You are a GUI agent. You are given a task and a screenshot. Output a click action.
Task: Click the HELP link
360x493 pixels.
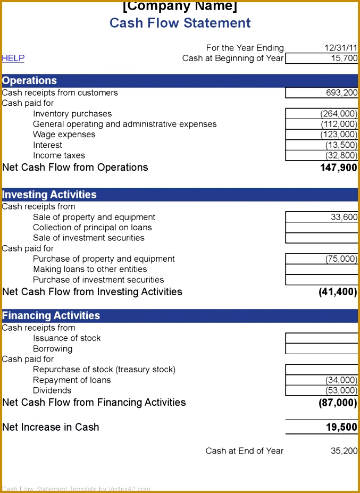[x=13, y=59]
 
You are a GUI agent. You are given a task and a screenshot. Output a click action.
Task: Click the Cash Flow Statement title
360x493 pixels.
[x=180, y=23]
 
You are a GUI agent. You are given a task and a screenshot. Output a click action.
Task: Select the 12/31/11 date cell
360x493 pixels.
[x=341, y=48]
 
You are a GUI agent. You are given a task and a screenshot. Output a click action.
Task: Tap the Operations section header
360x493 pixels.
[x=29, y=81]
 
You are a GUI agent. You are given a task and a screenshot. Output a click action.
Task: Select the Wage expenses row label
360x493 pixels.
[x=64, y=135]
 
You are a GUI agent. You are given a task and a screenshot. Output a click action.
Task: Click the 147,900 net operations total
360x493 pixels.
[x=339, y=168]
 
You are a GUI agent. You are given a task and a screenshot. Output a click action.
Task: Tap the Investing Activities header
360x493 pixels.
[x=49, y=195]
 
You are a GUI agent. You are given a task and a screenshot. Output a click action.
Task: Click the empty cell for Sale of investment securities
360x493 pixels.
[x=322, y=238]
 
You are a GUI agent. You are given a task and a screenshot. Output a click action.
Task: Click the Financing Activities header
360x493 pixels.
[x=51, y=315]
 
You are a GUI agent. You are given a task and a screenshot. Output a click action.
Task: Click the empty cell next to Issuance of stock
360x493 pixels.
[x=322, y=338]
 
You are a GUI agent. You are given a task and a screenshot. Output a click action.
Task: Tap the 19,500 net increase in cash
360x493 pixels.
[x=341, y=427]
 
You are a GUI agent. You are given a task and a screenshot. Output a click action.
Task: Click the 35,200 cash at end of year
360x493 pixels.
[x=344, y=451]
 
